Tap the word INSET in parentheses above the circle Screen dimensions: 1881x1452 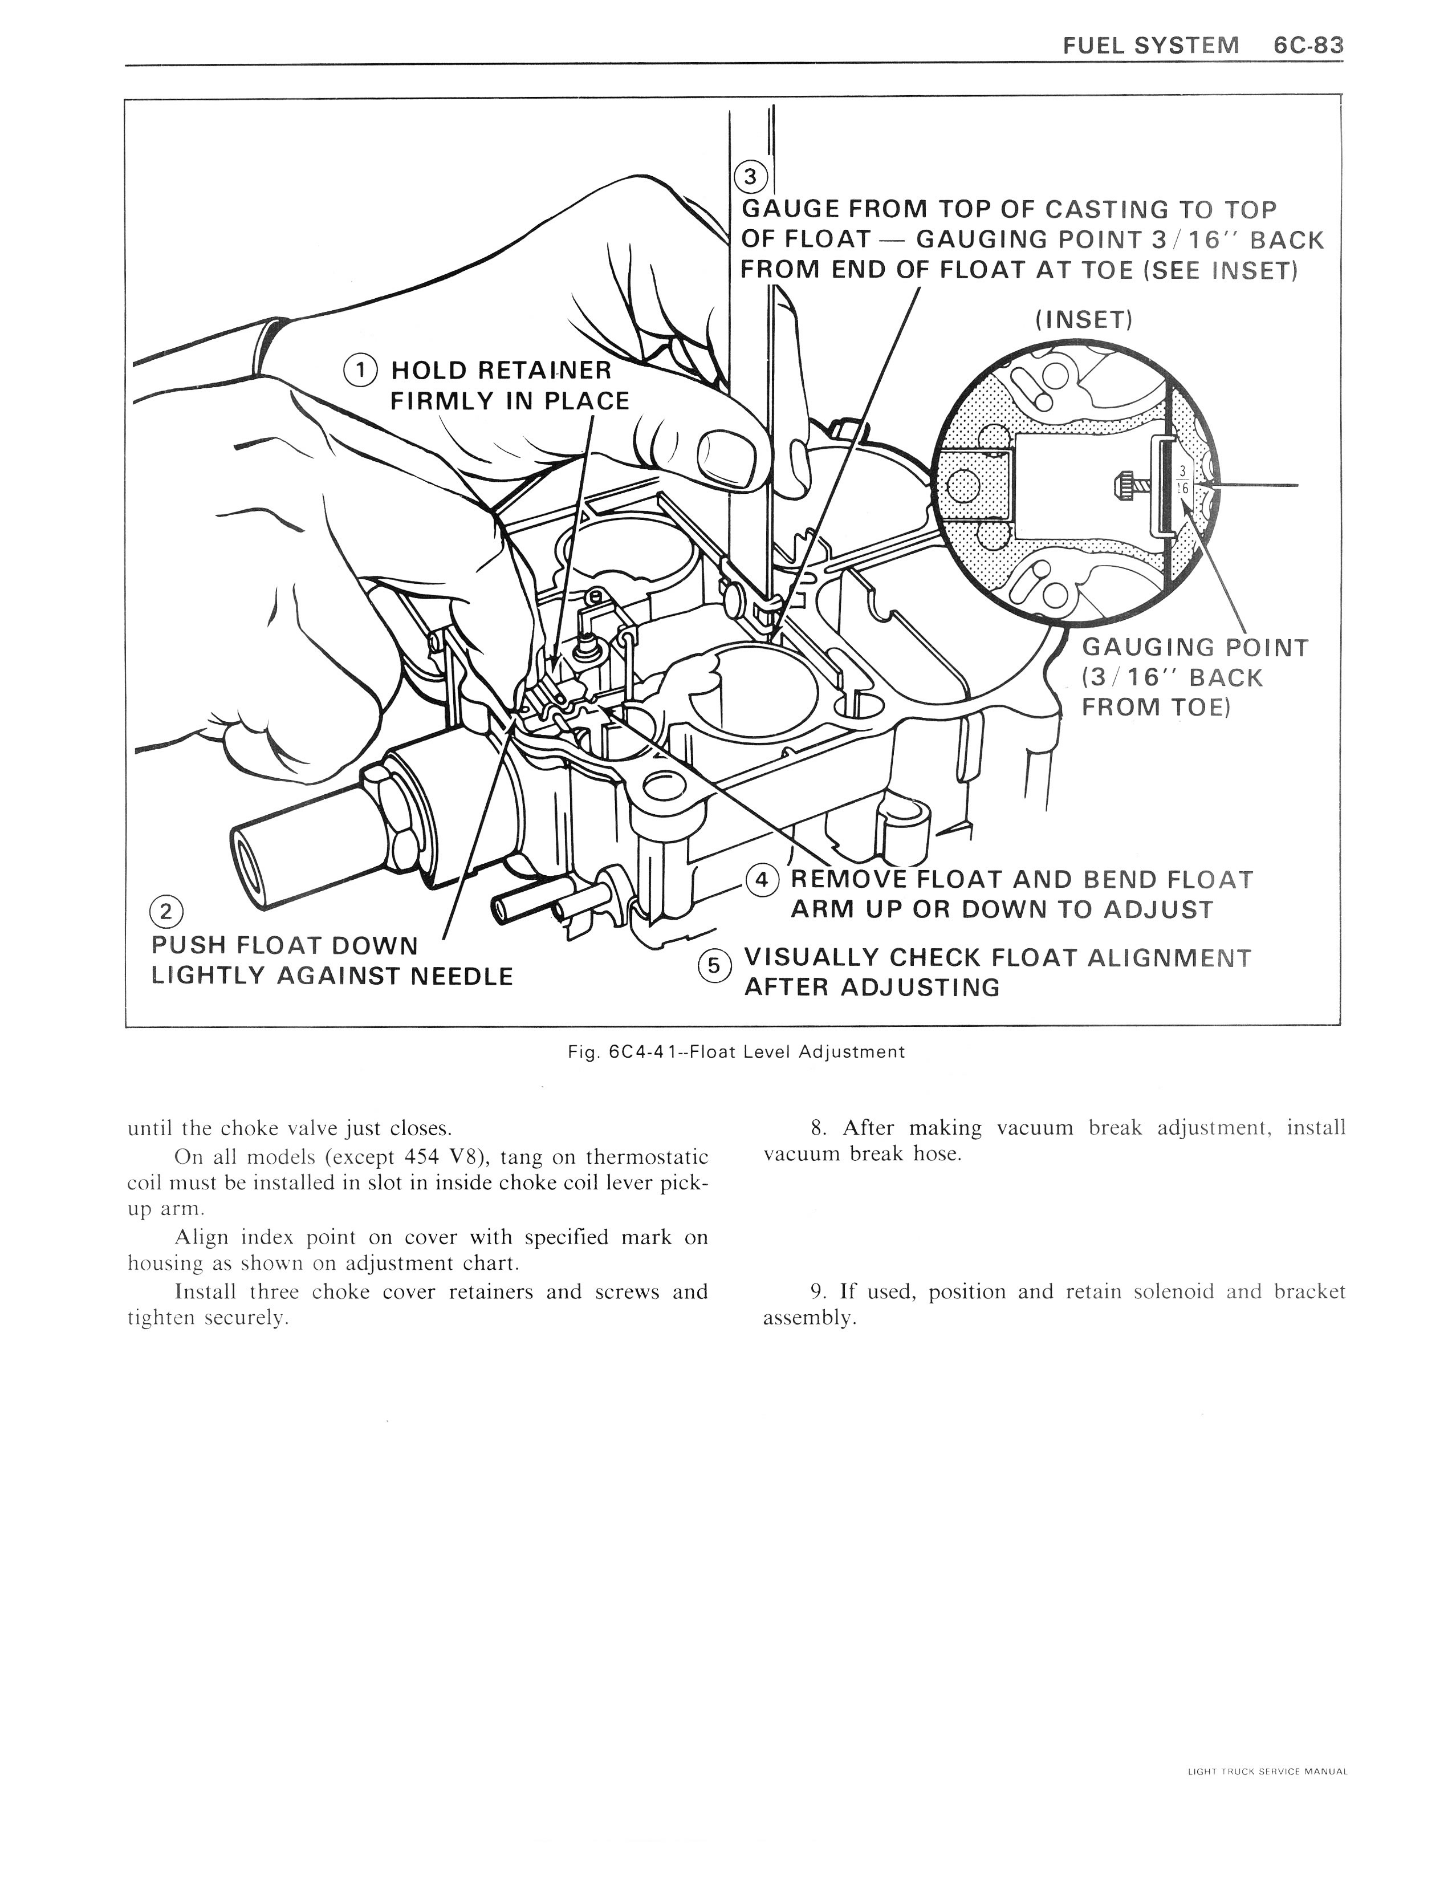tap(1083, 320)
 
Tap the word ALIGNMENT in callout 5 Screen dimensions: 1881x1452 tap(1169, 958)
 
